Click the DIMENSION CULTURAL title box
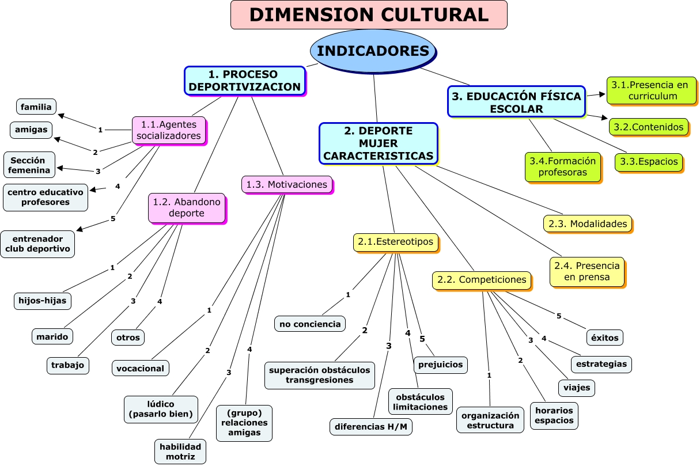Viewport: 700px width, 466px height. pyautogui.click(x=369, y=15)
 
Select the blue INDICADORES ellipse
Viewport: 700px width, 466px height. pyautogui.click(x=373, y=51)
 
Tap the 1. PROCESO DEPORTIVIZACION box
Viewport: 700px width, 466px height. pyautogui.click(x=244, y=81)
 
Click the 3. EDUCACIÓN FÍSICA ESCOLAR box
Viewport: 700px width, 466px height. pyautogui.click(x=516, y=102)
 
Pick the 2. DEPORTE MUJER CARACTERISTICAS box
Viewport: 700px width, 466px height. pyautogui.click(x=378, y=143)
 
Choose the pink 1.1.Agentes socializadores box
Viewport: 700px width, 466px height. pyautogui.click(x=169, y=130)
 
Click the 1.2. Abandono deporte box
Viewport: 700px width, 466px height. pyautogui.click(x=186, y=207)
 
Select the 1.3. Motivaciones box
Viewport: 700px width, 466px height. pyautogui.click(x=286, y=184)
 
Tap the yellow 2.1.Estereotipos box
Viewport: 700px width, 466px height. pyautogui.click(x=395, y=243)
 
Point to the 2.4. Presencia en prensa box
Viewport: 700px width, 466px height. pyautogui.click(x=587, y=271)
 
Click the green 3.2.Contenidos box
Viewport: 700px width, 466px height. pyautogui.click(x=648, y=127)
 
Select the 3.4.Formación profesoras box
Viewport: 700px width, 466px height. pyautogui.click(x=562, y=166)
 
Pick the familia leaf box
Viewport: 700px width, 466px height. pyautogui.click(x=36, y=107)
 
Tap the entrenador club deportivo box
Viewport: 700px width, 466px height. pyautogui.click(x=37, y=244)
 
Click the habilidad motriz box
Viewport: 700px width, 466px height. pyautogui.click(x=180, y=452)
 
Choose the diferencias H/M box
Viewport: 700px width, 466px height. pyautogui.click(x=372, y=427)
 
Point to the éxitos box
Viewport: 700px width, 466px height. pyautogui.click(x=605, y=337)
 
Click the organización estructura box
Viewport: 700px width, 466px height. pyautogui.click(x=490, y=420)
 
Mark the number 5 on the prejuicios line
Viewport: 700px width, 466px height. pyautogui.click(x=422, y=339)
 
